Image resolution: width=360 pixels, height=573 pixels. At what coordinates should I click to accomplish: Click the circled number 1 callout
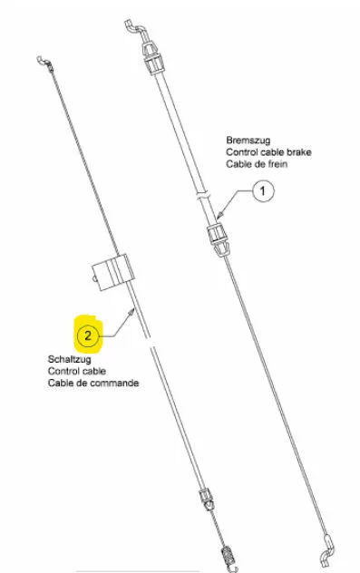(x=263, y=190)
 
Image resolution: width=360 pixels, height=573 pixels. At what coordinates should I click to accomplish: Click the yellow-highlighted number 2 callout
(x=88, y=335)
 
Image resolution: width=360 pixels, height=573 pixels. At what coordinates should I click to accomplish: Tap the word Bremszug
(x=248, y=141)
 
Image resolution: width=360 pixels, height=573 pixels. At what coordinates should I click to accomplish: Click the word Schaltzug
(x=70, y=360)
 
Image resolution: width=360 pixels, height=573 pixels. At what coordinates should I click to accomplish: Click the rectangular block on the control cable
(x=112, y=272)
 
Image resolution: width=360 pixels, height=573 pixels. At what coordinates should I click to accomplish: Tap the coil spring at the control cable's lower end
(x=228, y=556)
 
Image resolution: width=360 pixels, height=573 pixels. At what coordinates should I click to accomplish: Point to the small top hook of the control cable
(x=44, y=63)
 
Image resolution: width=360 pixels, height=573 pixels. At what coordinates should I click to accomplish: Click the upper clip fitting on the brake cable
(x=153, y=58)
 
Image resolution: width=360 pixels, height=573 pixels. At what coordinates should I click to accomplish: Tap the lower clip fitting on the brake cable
(x=219, y=240)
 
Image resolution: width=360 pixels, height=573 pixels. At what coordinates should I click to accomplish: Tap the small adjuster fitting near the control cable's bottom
(x=207, y=499)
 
